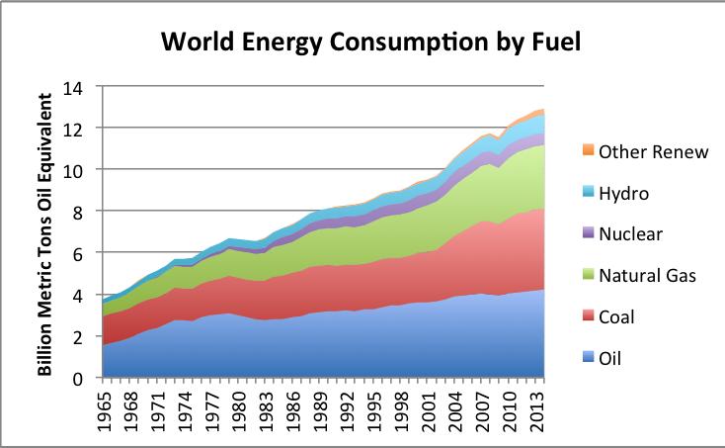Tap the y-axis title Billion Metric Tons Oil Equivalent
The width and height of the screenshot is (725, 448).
[x=45, y=232]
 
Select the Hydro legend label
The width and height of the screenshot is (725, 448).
[x=623, y=192]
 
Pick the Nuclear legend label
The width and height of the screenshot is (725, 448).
[x=630, y=233]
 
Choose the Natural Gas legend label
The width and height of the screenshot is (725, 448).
[x=647, y=275]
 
